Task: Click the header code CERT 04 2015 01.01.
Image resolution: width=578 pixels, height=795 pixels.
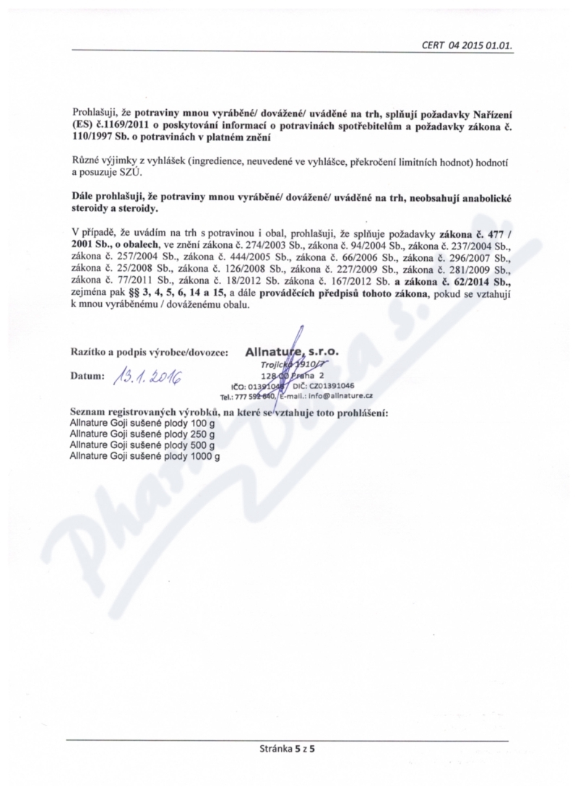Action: pos(467,44)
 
